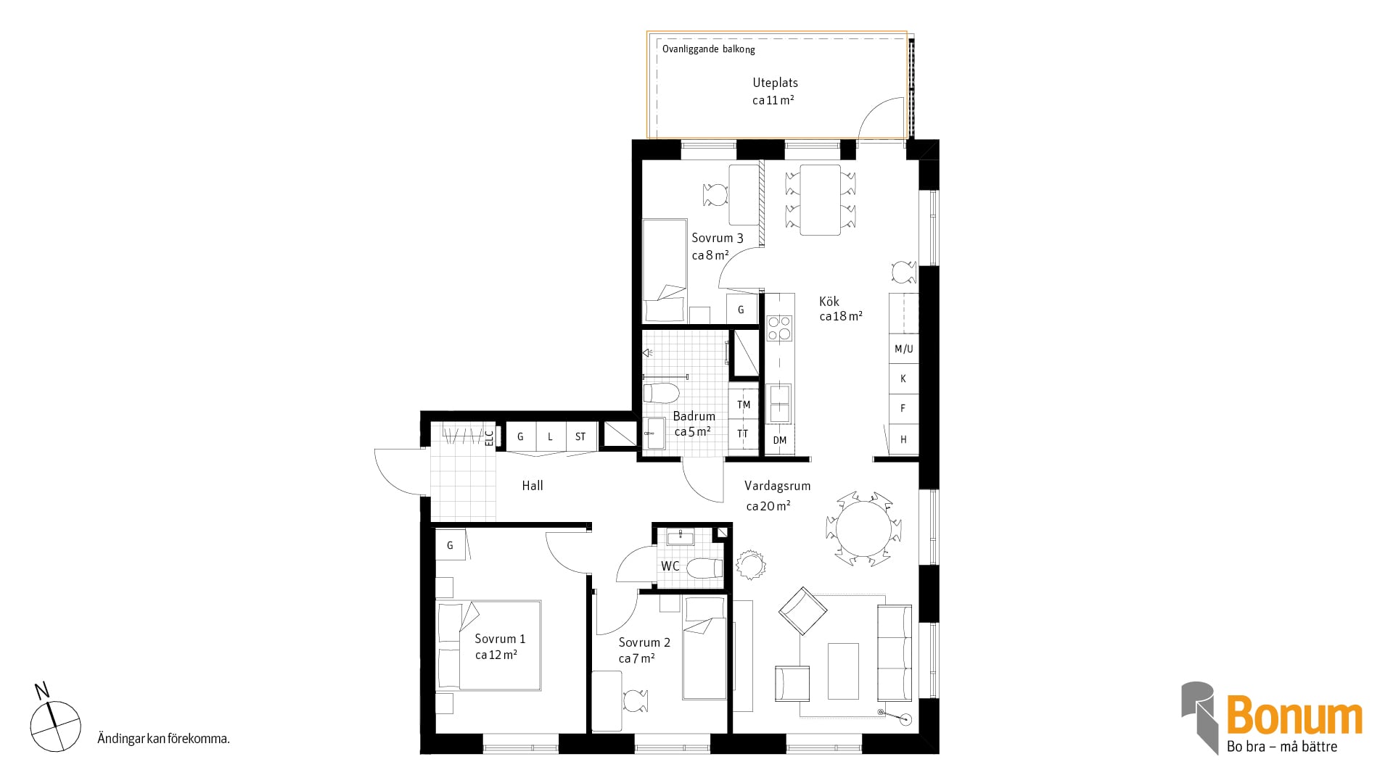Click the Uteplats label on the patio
[775, 83]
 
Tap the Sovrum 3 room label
[717, 238]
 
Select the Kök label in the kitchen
[829, 302]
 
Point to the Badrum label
[694, 416]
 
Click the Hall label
[533, 486]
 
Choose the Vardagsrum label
[777, 486]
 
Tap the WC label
[670, 565]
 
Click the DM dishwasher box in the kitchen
[780, 440]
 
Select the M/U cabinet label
[904, 349]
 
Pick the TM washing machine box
[744, 405]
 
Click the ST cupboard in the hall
[581, 437]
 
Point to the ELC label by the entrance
[489, 437]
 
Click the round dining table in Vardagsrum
[863, 529]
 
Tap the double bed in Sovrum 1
[489, 645]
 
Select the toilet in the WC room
[704, 568]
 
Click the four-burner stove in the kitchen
[779, 328]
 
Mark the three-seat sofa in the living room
[895, 652]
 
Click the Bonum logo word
[1294, 716]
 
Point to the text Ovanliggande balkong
[709, 49]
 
